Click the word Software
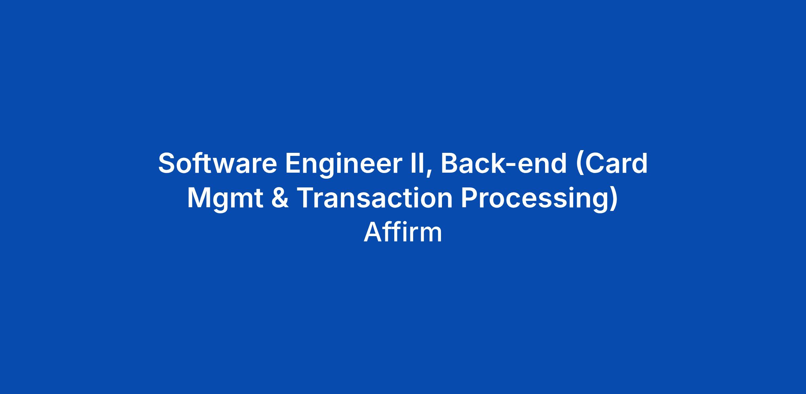(218, 163)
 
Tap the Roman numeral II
(417, 163)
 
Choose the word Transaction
(375, 198)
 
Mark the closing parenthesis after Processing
(613, 201)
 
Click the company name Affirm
(403, 232)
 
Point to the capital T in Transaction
(307, 198)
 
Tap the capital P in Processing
(470, 198)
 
